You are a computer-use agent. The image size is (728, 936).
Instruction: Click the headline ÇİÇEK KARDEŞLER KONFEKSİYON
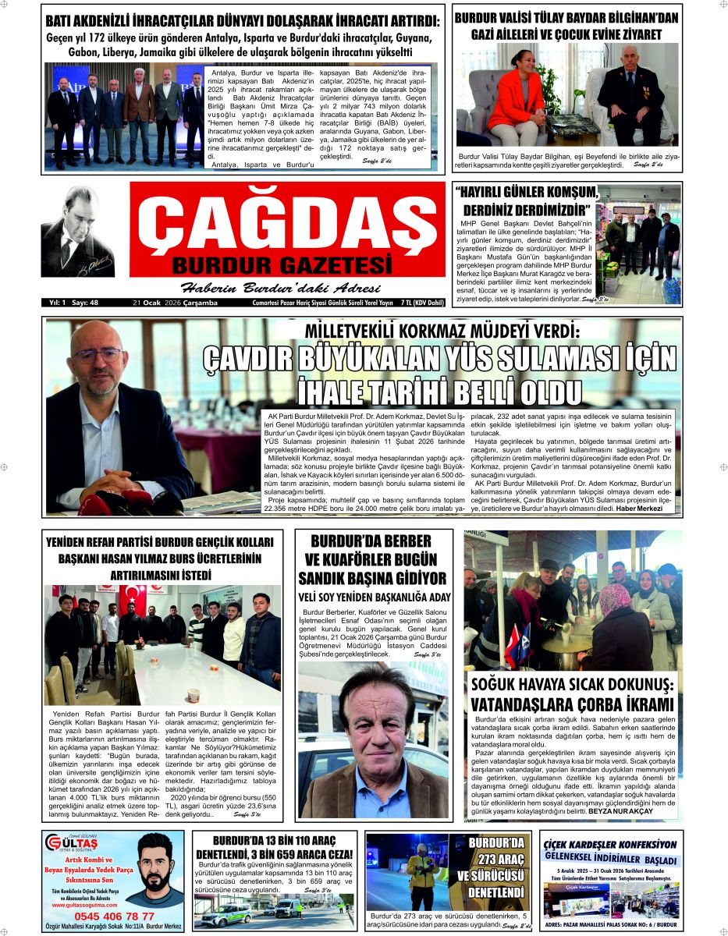tap(610, 844)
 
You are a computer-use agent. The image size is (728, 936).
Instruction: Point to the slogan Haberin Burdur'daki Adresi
tap(282, 285)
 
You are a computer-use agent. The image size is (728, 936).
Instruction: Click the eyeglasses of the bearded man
tap(99, 356)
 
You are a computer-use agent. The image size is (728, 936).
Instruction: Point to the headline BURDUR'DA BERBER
tap(372, 541)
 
